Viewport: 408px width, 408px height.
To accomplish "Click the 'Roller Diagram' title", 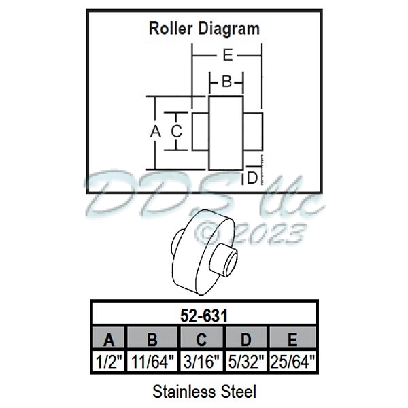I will (204, 29).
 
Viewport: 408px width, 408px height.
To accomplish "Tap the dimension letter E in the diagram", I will (227, 55).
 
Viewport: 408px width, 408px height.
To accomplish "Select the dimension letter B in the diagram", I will (226, 82).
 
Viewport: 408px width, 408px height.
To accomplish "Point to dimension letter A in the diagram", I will (154, 132).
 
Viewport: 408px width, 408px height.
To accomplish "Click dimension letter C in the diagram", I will (176, 132).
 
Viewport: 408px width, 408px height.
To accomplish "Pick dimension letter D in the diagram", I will (252, 178).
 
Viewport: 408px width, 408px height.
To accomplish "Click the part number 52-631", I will (204, 315).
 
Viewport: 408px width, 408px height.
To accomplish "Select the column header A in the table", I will (109, 339).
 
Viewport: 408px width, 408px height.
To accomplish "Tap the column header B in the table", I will (152, 339).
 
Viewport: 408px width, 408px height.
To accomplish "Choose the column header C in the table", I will (202, 339).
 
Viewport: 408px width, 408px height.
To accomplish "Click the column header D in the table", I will (247, 339).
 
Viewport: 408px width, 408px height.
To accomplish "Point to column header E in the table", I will (293, 339).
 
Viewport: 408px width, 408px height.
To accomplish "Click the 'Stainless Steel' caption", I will (204, 392).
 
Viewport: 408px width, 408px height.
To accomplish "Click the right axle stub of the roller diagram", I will (252, 131).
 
